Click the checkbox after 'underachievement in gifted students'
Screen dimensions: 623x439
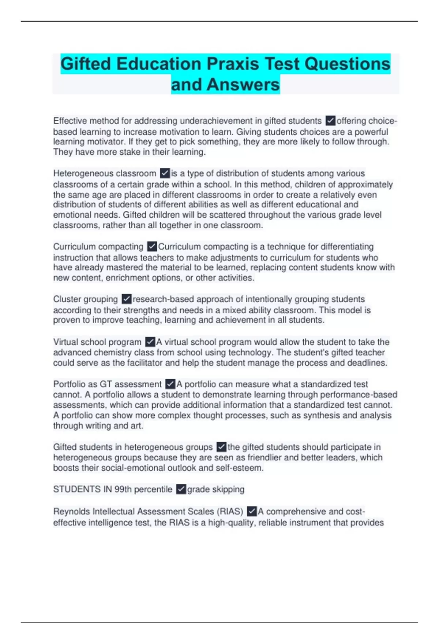pyautogui.click(x=330, y=121)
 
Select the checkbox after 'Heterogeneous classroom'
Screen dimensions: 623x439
pyautogui.click(x=165, y=173)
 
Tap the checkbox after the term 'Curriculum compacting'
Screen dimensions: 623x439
pyautogui.click(x=152, y=246)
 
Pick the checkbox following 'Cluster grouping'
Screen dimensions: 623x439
pyautogui.click(x=126, y=299)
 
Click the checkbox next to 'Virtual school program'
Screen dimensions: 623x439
pyautogui.click(x=150, y=342)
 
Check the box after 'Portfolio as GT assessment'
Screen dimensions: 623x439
pyautogui.click(x=170, y=384)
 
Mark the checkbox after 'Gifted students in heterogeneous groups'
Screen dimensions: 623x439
pyautogui.click(x=221, y=447)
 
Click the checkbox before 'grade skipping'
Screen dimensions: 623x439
pyautogui.click(x=181, y=489)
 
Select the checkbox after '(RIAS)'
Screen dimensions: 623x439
pyautogui.click(x=252, y=511)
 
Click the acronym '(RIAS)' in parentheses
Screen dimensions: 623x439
pyautogui.click(x=230, y=511)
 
